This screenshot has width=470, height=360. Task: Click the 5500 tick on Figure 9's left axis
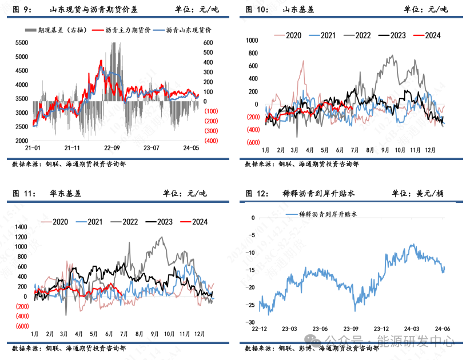click(22, 43)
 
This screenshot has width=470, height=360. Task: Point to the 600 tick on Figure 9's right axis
click(208, 43)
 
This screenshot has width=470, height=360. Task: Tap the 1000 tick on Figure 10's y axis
click(252, 41)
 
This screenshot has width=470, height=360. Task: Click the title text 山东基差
click(298, 10)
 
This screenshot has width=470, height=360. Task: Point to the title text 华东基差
click(66, 194)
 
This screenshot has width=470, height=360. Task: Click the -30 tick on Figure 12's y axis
click(251, 323)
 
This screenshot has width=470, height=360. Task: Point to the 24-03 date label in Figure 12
click(412, 329)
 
